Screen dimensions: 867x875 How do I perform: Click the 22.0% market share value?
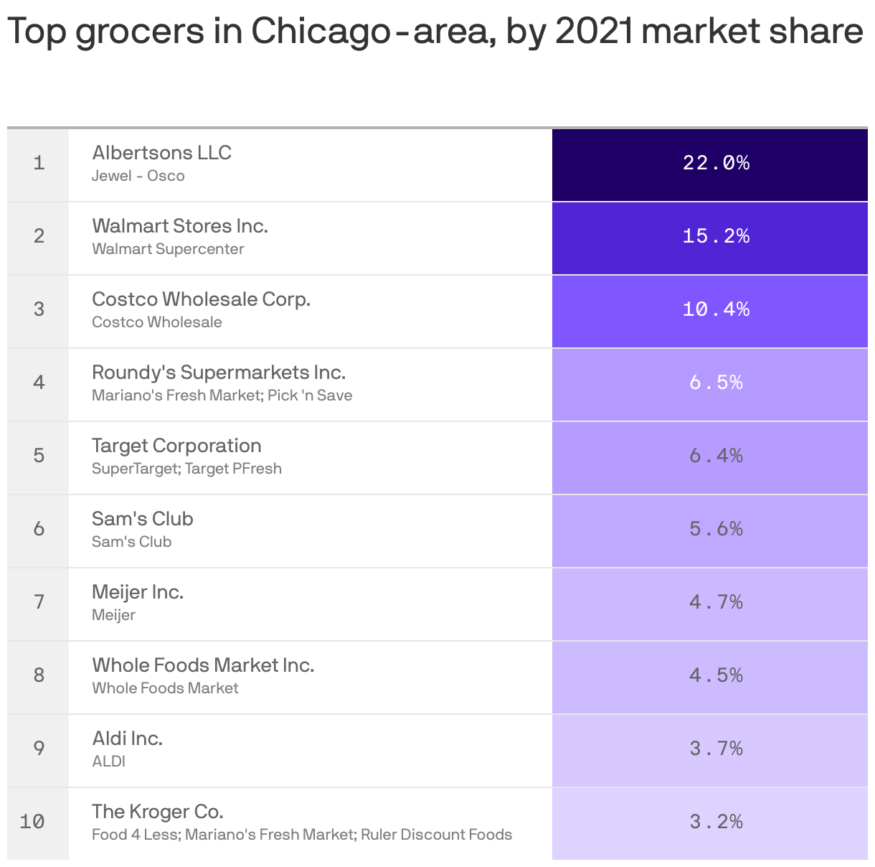(716, 163)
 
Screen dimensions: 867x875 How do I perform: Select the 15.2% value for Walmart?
(716, 236)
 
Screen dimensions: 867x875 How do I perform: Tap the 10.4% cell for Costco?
(716, 309)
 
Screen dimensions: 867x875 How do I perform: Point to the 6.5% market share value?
(716, 383)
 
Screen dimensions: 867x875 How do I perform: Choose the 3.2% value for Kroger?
(716, 822)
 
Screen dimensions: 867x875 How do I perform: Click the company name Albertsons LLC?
(161, 153)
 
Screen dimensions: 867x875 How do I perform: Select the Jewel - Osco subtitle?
(138, 176)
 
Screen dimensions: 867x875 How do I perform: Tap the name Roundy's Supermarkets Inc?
(219, 372)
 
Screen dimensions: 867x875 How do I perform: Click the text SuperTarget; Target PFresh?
(186, 469)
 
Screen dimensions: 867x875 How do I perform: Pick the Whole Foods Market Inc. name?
(203, 665)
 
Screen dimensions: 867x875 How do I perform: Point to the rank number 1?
(39, 163)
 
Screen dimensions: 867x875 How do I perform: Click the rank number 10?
(32, 822)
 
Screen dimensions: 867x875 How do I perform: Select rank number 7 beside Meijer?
(39, 602)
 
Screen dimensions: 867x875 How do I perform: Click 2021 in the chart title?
(595, 31)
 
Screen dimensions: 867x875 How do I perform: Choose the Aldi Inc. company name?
(127, 739)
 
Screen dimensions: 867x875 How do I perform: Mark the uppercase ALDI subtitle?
(108, 761)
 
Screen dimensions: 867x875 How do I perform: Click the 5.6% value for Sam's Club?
(716, 529)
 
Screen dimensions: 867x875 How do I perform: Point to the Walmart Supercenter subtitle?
(168, 249)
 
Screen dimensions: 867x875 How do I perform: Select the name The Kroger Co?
(158, 812)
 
